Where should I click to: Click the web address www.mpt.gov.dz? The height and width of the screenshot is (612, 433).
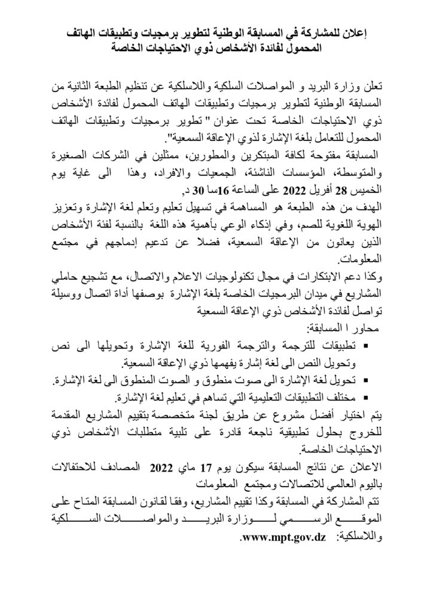282,538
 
